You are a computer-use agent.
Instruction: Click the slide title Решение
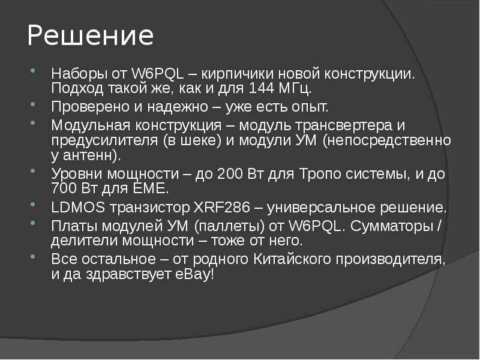tap(90, 36)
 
